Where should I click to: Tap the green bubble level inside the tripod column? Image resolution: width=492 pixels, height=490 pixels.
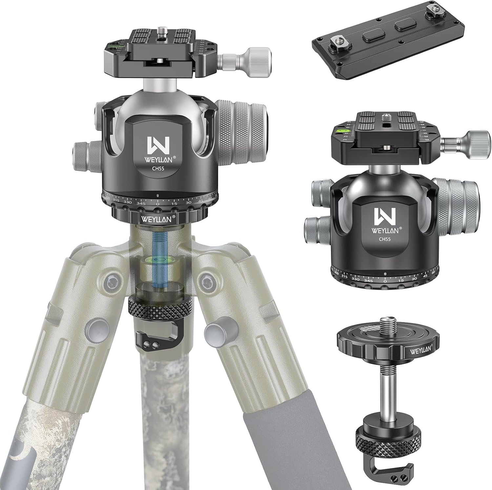[x=158, y=261]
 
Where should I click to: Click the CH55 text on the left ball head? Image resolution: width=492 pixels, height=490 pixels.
[x=158, y=170]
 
